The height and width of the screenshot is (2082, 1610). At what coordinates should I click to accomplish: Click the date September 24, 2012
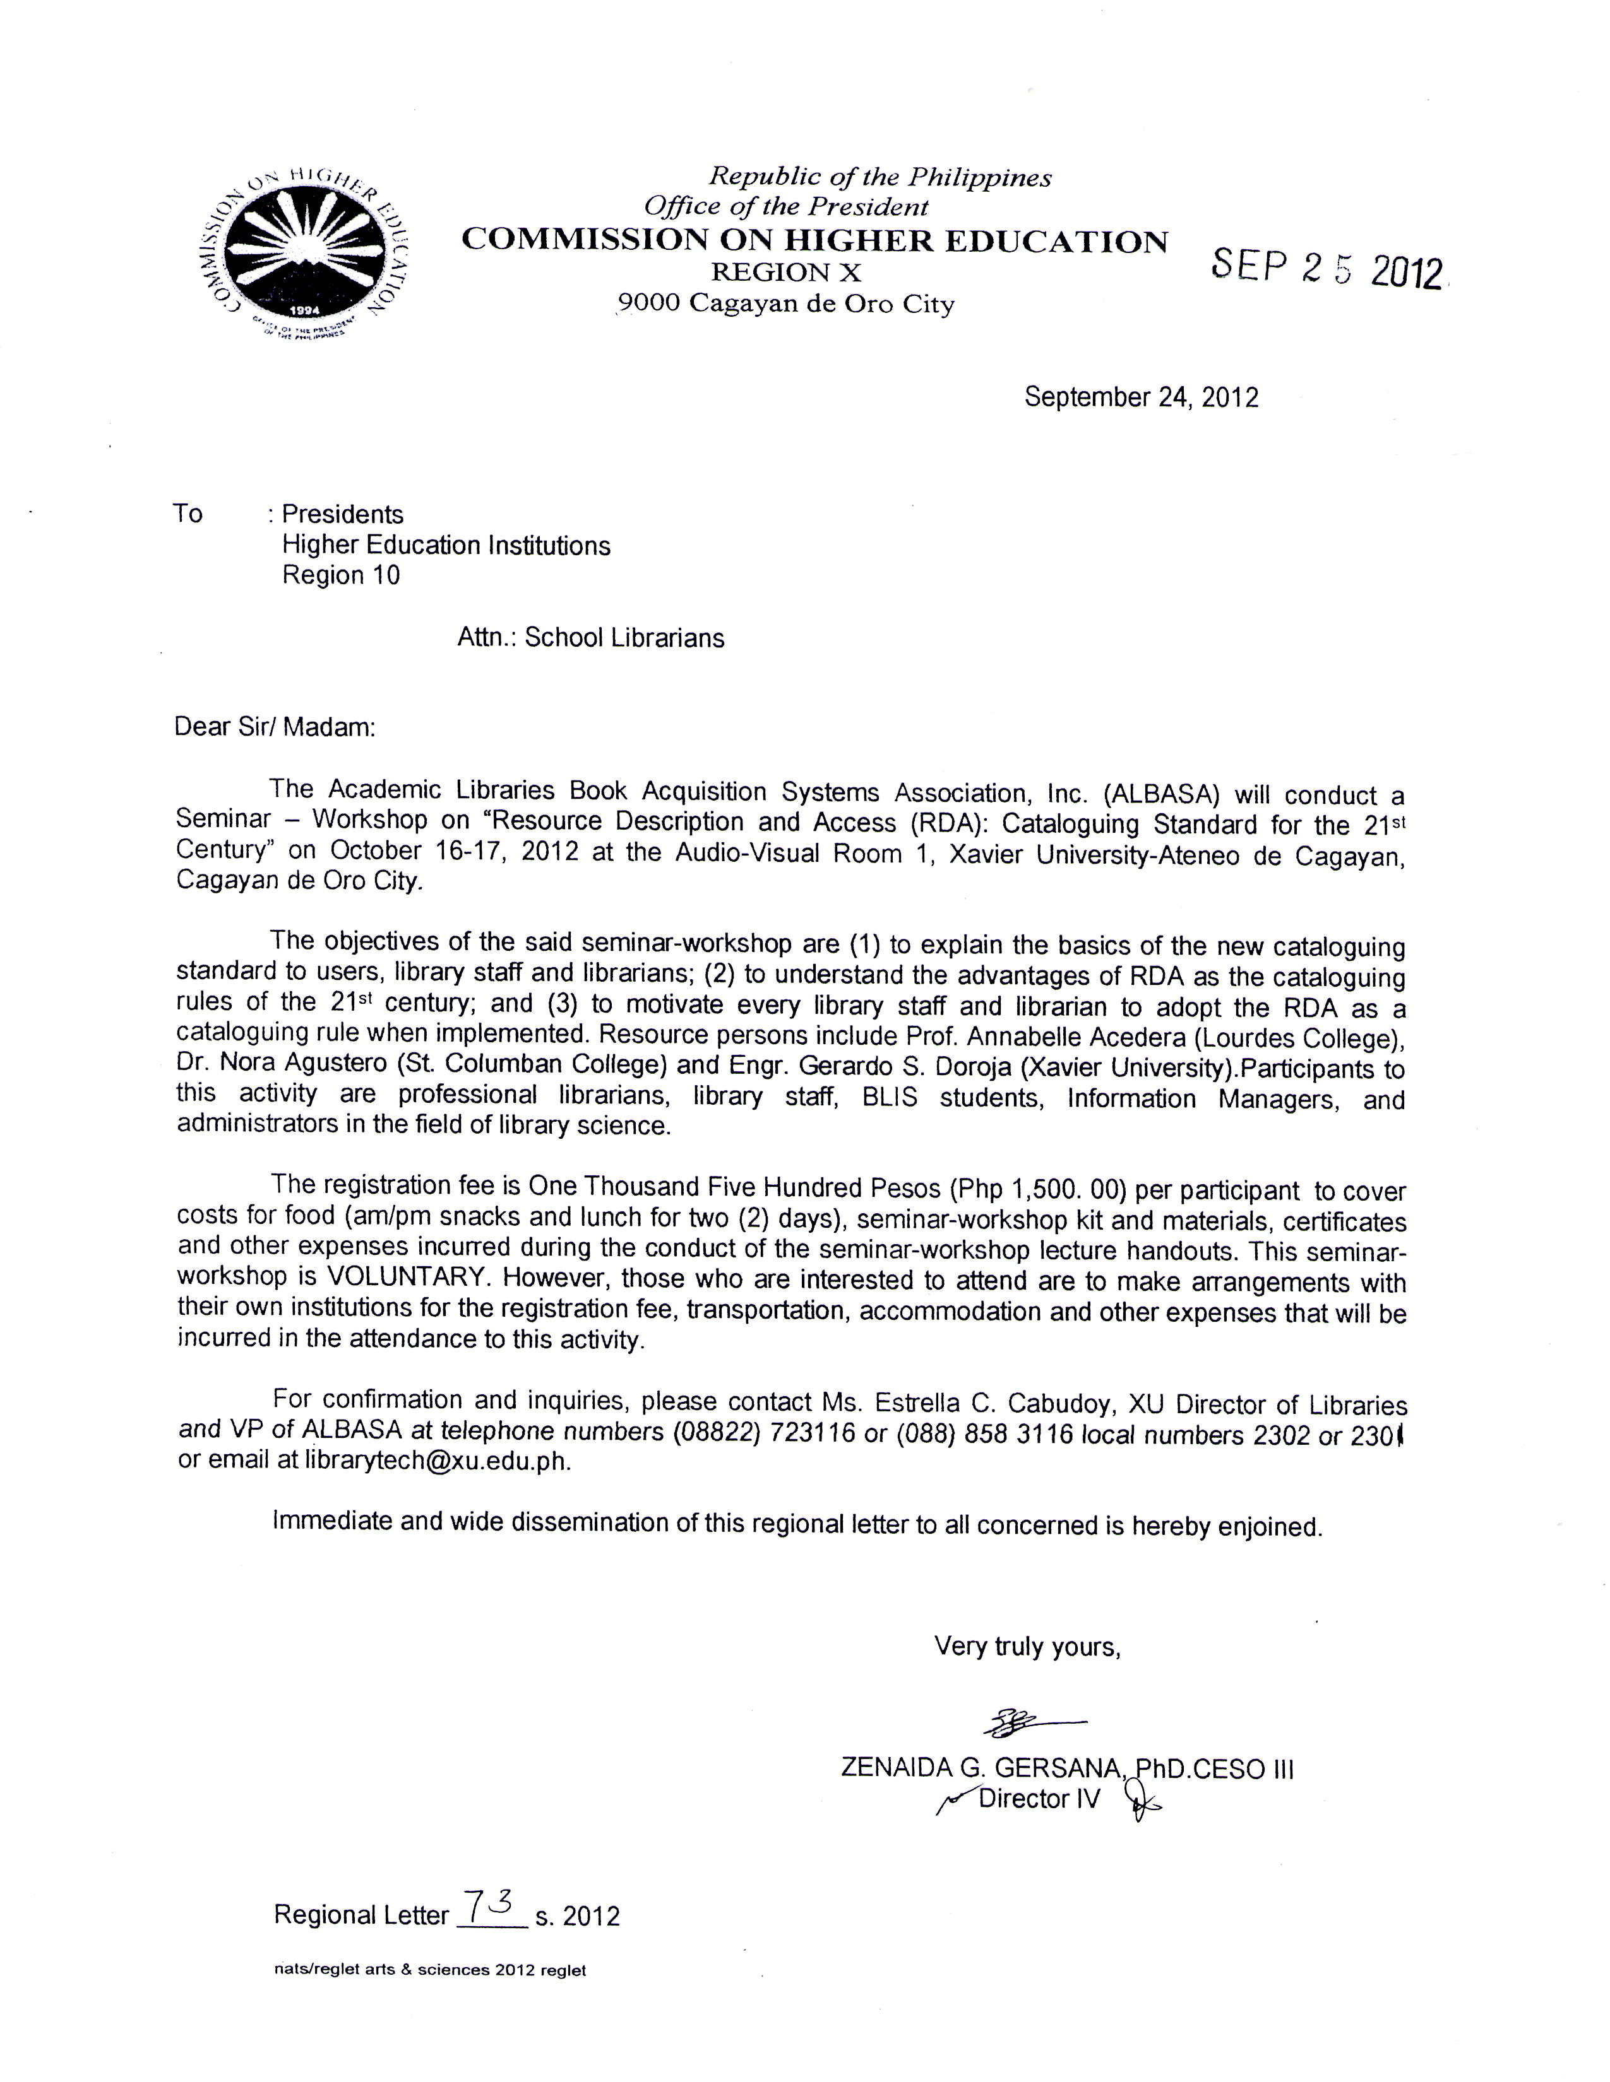[x=1141, y=397]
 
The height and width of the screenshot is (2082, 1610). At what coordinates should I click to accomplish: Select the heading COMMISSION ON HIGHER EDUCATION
[x=814, y=240]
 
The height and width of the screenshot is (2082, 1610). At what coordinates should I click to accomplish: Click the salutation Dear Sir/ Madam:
[x=275, y=727]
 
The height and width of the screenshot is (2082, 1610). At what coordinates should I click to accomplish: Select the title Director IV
[x=1039, y=1799]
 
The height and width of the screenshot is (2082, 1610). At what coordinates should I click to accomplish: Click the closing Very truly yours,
[x=1026, y=1646]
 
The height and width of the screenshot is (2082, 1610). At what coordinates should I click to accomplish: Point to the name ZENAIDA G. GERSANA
[x=982, y=1768]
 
